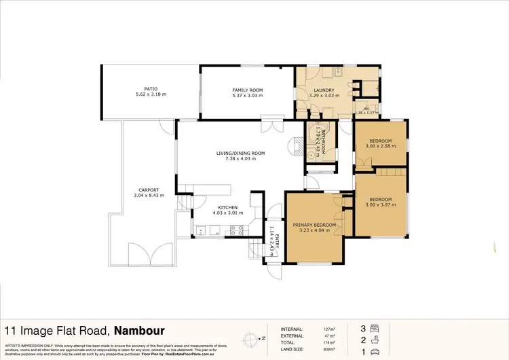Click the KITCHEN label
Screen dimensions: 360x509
[227, 208]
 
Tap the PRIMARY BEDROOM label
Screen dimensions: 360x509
[314, 224]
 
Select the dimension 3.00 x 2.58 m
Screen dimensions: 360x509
[379, 146]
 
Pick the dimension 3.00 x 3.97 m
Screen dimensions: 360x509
[379, 205]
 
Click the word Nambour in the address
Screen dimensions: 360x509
[139, 331]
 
